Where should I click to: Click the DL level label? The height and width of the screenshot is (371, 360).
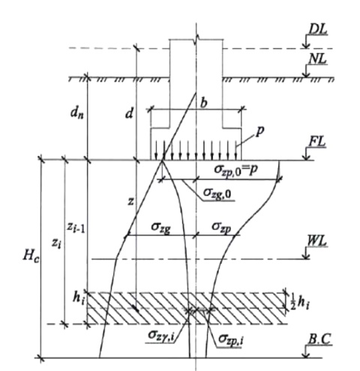coord(318,30)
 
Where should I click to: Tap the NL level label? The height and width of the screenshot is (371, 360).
coord(317,59)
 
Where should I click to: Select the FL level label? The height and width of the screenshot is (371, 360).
coord(317,142)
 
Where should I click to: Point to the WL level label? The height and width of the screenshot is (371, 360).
coord(316,241)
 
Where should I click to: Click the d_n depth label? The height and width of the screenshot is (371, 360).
coord(77,113)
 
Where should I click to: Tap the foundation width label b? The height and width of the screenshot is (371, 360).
coord(204,103)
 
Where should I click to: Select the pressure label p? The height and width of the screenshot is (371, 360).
coord(259,132)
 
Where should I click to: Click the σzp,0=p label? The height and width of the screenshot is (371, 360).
coord(236,169)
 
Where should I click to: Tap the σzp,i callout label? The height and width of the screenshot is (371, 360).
coord(231,340)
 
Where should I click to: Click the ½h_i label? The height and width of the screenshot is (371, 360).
coord(299,303)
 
